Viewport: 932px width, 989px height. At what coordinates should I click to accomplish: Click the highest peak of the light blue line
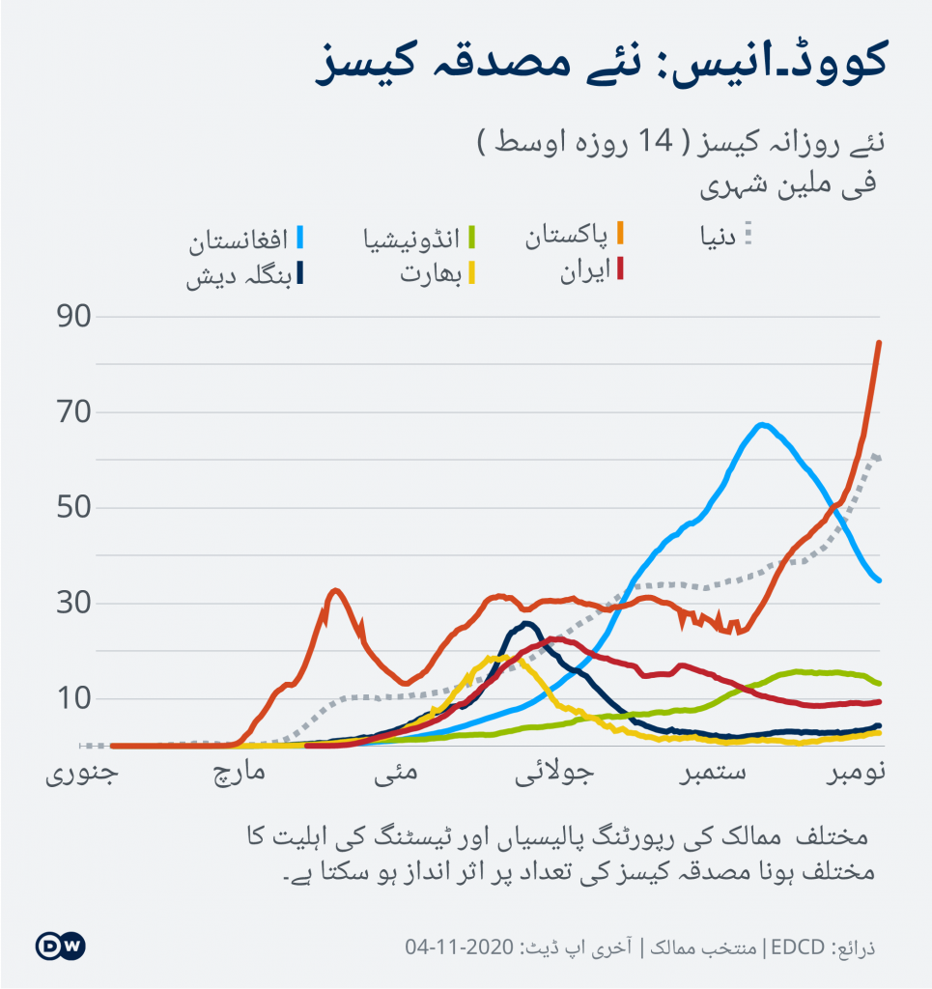762,424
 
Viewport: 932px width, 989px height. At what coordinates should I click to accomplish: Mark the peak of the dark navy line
525,624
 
